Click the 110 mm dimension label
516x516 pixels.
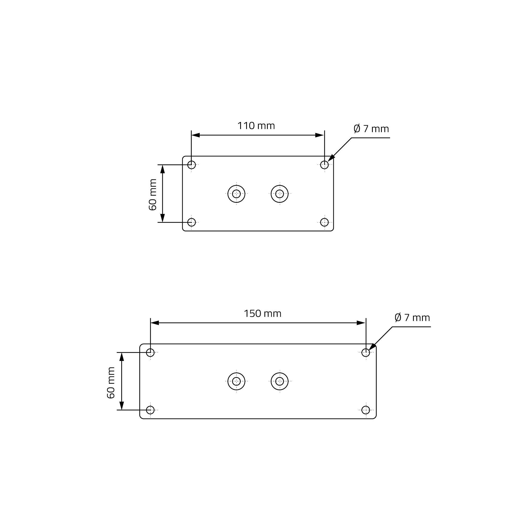[256, 126]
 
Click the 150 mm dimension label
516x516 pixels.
[263, 313]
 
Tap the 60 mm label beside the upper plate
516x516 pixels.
[152, 195]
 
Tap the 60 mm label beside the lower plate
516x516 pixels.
[111, 383]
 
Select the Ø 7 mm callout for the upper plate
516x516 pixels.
[371, 129]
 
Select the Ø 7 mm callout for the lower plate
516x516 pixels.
[412, 318]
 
